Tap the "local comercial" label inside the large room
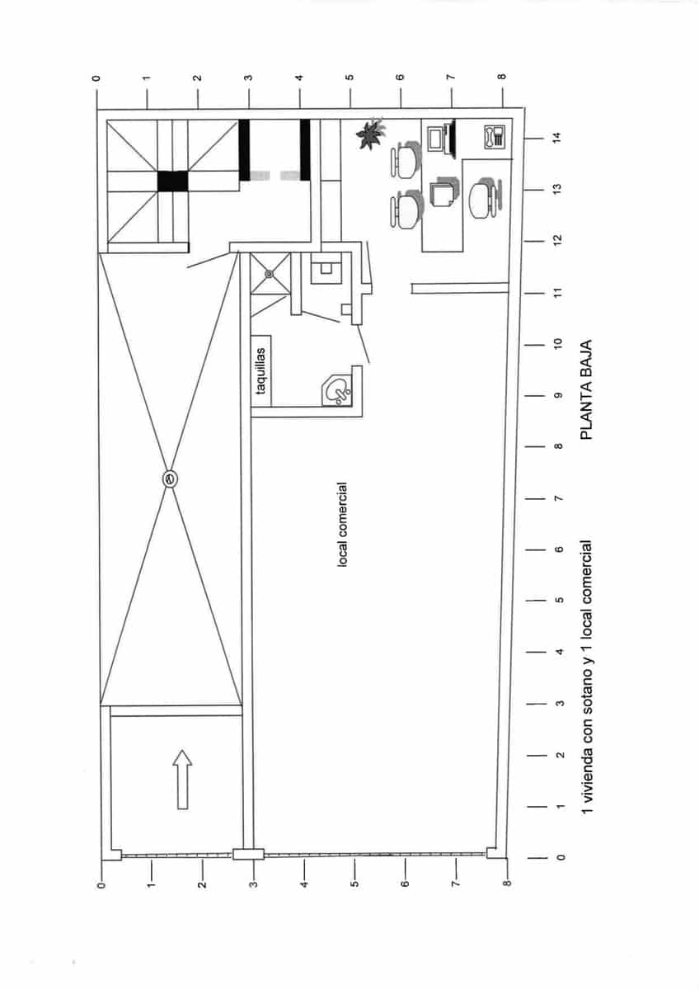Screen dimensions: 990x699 pos(342,525)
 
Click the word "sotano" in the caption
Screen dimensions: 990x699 pos(587,705)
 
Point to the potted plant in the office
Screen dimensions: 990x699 pos(368,133)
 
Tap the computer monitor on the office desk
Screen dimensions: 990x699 pos(445,138)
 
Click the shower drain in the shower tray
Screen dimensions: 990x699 pos(269,274)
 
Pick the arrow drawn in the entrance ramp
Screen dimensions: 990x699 pos(182,780)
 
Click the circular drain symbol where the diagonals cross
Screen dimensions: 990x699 pos(170,479)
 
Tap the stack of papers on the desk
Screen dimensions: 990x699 pos(442,193)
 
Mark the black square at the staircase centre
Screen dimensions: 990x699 pos(173,181)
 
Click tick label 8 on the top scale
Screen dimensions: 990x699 pos(501,78)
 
